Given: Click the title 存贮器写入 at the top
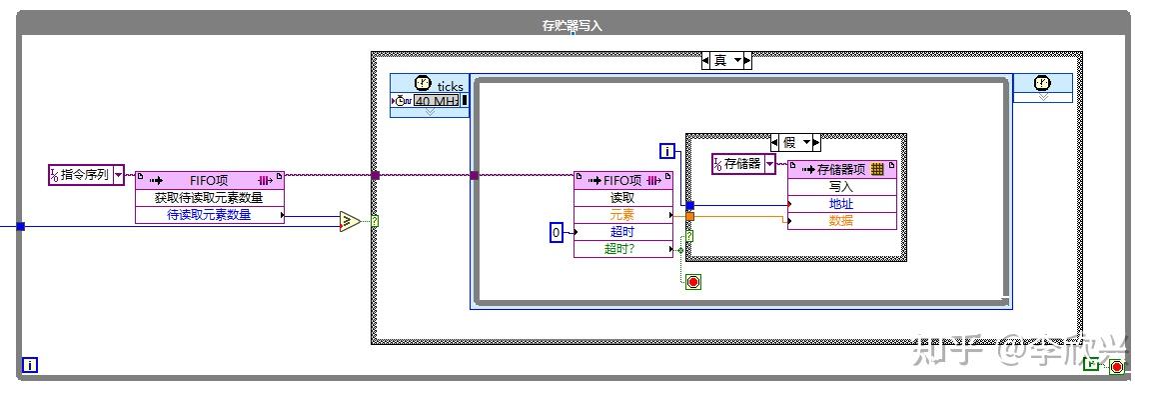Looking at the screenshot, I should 573,26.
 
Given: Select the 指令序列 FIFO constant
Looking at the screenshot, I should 86,175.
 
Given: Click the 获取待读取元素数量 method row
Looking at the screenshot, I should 209,197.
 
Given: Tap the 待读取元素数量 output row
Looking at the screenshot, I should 209,214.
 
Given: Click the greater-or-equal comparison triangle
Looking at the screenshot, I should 349,221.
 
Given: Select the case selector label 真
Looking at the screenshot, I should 720,61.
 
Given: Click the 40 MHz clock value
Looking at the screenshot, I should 439,101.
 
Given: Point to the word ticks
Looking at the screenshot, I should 451,87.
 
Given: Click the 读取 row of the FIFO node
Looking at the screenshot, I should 622,197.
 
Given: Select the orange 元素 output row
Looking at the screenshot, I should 622,215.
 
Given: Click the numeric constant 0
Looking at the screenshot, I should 557,233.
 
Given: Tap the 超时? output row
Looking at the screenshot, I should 622,249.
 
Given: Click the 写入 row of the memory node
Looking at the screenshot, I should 841,186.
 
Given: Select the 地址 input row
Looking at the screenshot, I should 841,203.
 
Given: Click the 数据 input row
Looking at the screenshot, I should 841,220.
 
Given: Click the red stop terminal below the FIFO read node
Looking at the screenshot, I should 693,282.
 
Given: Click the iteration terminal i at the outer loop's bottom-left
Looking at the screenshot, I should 30,366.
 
